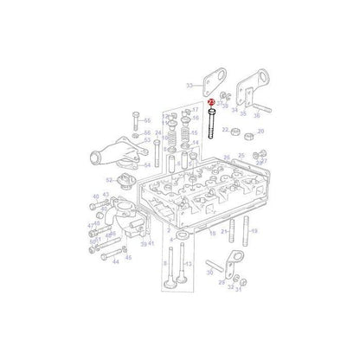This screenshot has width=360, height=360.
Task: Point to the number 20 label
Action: (x=261, y=132)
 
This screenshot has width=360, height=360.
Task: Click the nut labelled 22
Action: (x=244, y=135)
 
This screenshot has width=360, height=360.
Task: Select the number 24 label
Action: (x=157, y=133)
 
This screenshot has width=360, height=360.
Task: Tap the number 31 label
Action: (x=238, y=290)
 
